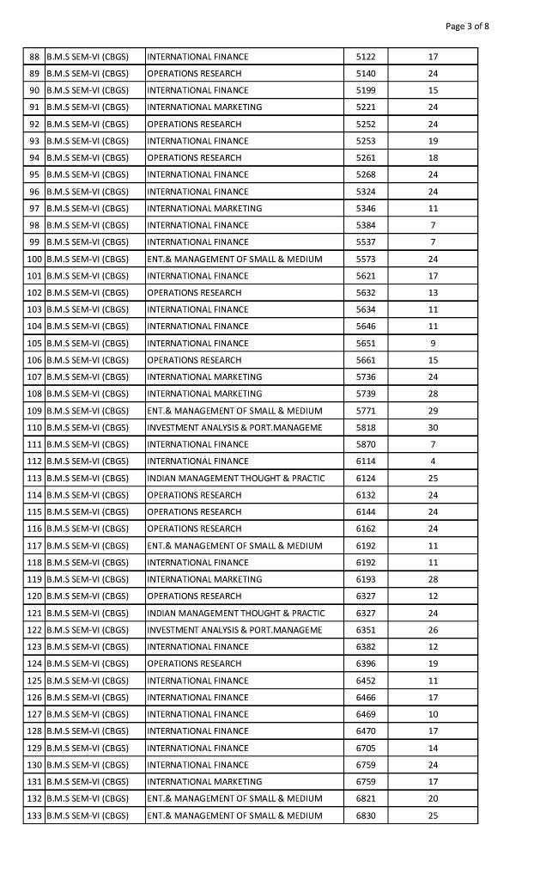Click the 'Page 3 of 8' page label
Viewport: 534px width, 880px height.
[x=467, y=26]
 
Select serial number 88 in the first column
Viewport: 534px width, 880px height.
[x=34, y=57]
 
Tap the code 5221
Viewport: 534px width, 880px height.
[x=366, y=107]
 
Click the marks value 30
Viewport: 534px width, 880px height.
[x=433, y=428]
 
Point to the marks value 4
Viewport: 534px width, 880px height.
[x=433, y=461]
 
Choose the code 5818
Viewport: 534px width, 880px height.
[x=366, y=428]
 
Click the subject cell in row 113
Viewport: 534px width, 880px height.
[x=236, y=478]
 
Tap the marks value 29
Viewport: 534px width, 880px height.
[x=433, y=411]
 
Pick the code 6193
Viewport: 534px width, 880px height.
[x=366, y=579]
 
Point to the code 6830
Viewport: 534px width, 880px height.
[x=366, y=816]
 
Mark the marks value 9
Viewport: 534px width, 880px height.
[x=433, y=343]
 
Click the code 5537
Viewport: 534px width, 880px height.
[x=366, y=242]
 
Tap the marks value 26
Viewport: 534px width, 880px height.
[x=433, y=630]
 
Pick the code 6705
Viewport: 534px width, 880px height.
[x=366, y=748]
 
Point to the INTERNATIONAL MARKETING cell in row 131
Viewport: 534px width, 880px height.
[x=204, y=782]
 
